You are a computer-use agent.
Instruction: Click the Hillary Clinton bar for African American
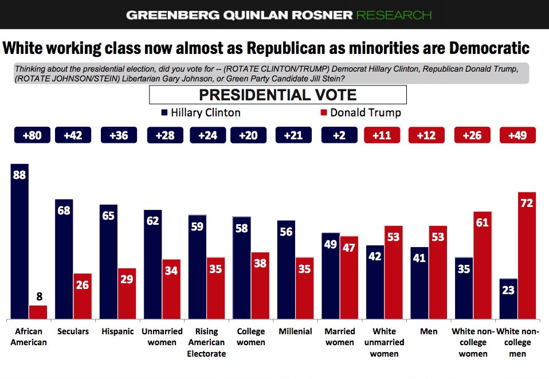tap(19, 241)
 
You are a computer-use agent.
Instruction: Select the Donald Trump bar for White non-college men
tap(518, 255)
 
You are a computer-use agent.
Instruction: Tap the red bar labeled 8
tap(38, 312)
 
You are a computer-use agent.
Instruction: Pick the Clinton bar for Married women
tap(331, 275)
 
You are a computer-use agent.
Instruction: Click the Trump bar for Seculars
tap(83, 296)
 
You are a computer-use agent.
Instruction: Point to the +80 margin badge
tap(32, 135)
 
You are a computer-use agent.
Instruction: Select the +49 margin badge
tap(517, 135)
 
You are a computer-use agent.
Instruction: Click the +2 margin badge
tap(339, 135)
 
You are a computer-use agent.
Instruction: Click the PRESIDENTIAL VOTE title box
tap(277, 95)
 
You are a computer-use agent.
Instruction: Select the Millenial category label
tap(295, 331)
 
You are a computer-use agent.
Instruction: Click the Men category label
tap(428, 331)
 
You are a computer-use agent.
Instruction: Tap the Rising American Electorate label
tap(206, 342)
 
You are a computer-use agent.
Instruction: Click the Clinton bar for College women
tap(241, 267)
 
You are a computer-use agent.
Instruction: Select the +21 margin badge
tap(294, 135)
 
